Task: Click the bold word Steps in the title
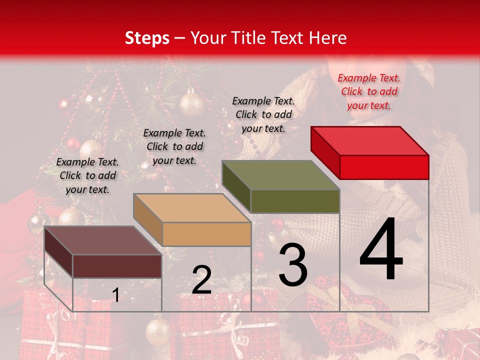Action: tap(146, 38)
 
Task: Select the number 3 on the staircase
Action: tap(292, 264)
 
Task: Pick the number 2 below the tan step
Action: tap(201, 280)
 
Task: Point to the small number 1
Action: tap(115, 295)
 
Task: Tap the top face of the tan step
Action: tap(192, 208)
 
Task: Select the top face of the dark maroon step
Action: tap(103, 240)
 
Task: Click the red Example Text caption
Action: tap(369, 91)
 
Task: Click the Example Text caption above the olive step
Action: tap(263, 114)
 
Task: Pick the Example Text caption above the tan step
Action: tap(174, 146)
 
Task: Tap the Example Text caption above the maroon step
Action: tap(87, 175)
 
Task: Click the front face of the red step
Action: tap(384, 167)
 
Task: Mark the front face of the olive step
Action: tap(295, 201)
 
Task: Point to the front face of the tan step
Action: tap(206, 234)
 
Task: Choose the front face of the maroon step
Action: tap(117, 266)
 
